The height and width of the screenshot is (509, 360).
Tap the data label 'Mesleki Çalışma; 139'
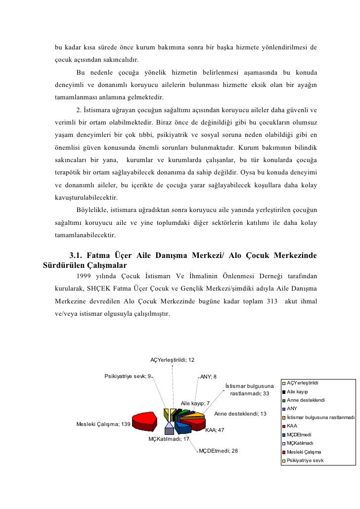pyautogui.click(x=103, y=424)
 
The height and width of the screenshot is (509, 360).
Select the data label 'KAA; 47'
pyautogui.click(x=215, y=430)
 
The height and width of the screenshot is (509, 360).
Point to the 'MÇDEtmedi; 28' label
pyautogui.click(x=218, y=451)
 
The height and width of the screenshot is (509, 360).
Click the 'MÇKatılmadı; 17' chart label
pyautogui.click(x=169, y=439)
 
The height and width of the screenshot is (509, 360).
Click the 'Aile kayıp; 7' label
pyautogui.click(x=196, y=403)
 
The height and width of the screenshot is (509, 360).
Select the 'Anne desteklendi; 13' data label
pyautogui.click(x=240, y=414)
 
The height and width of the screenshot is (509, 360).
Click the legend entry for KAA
pyautogui.click(x=292, y=425)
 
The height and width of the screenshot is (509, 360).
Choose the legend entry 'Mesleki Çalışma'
pyautogui.click(x=304, y=452)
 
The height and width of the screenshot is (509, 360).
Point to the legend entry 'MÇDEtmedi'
pyautogui.click(x=299, y=434)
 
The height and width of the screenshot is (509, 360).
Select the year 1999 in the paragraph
pyautogui.click(x=85, y=275)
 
